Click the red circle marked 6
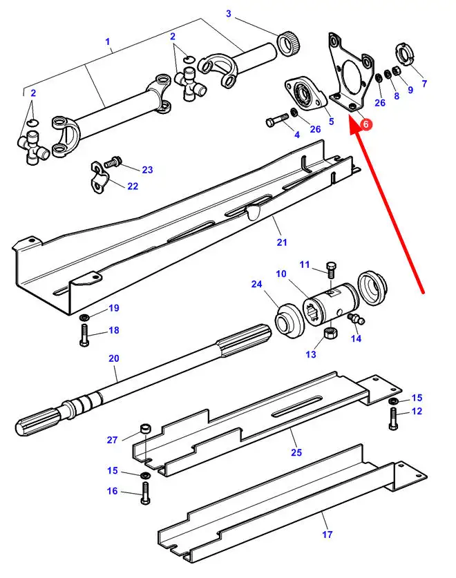click(366, 124)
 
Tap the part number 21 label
click(281, 242)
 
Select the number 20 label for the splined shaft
click(114, 358)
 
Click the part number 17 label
click(327, 534)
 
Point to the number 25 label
click(296, 452)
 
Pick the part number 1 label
click(108, 42)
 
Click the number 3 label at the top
click(229, 14)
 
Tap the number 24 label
click(257, 284)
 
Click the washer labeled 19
click(84, 317)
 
